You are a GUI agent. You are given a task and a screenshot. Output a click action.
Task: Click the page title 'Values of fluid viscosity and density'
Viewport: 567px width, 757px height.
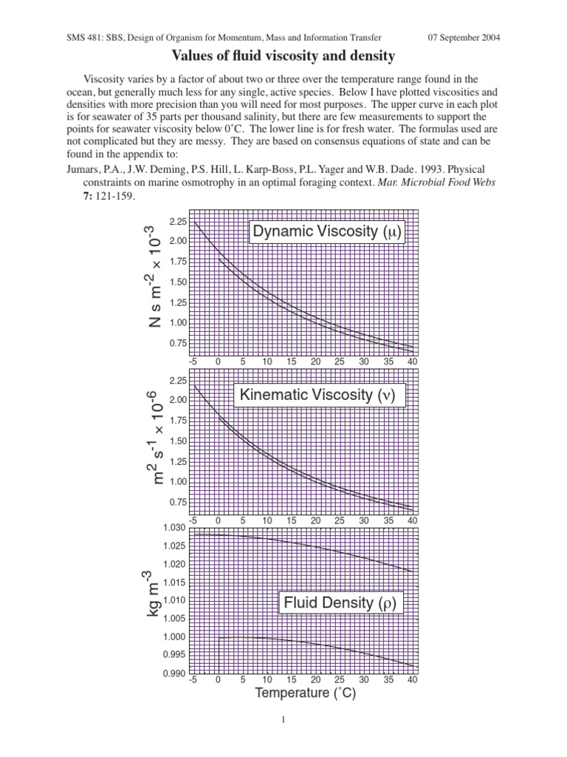click(x=283, y=55)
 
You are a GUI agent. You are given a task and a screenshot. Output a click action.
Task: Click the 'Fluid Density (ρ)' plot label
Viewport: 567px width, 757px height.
click(x=340, y=603)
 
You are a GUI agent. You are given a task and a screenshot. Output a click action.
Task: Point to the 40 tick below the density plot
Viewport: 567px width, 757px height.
click(x=412, y=679)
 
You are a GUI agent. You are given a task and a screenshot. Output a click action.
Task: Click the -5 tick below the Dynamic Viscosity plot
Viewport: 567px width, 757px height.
click(x=193, y=362)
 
